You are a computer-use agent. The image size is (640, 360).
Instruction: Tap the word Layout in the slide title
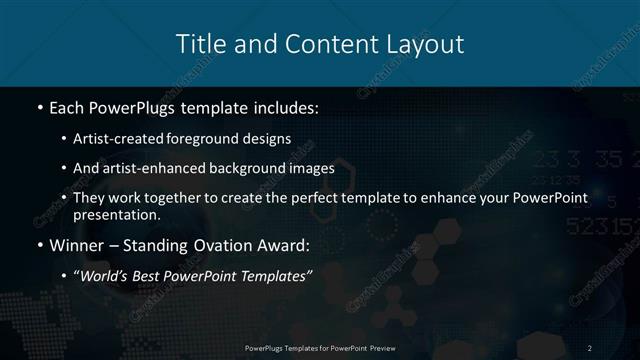coord(424,44)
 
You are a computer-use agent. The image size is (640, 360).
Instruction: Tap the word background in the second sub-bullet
coord(264,168)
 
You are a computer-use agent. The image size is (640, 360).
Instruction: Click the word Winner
coord(72,244)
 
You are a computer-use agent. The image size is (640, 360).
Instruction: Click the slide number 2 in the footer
coord(590,347)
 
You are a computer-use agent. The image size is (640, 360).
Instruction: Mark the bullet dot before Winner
coord(38,244)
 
